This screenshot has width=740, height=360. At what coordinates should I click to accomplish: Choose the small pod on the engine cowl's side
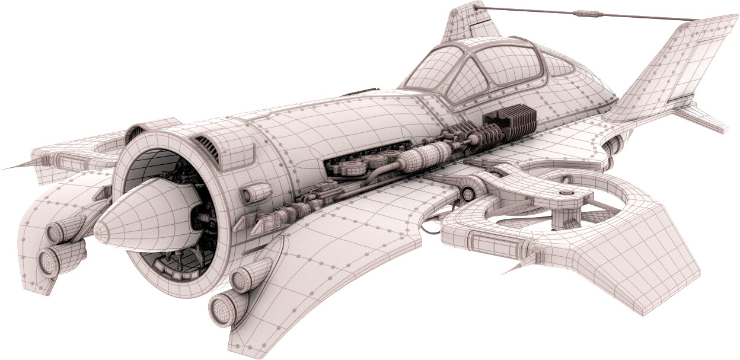(x=255, y=193)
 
